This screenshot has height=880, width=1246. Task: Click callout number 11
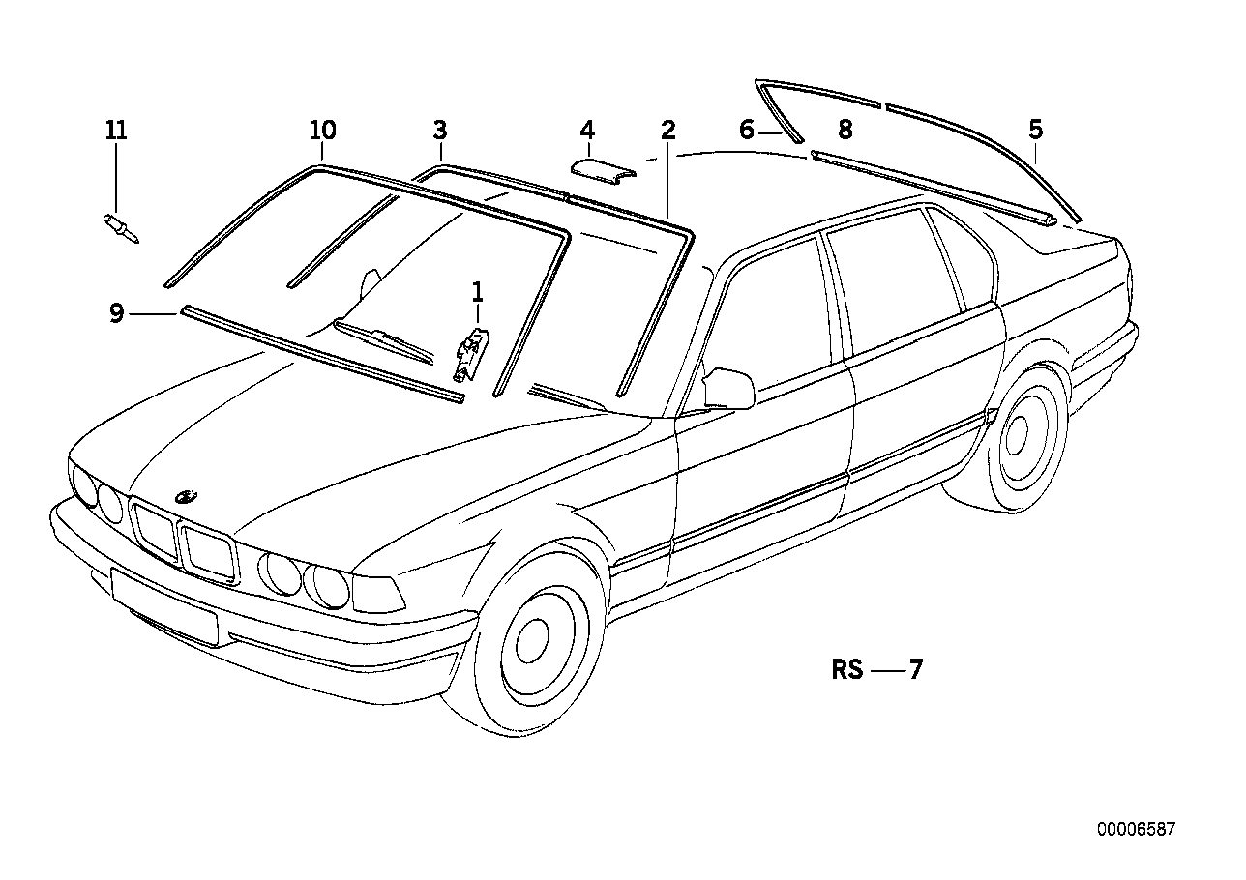[x=116, y=130]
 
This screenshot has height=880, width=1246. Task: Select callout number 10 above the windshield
[x=322, y=130]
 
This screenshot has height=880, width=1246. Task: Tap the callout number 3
[x=440, y=130]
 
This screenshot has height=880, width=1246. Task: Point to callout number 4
[x=586, y=130]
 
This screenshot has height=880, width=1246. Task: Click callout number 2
[x=667, y=130]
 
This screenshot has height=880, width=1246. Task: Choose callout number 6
[x=746, y=130]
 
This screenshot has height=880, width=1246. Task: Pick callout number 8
[x=845, y=130]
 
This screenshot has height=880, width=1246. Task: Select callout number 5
[x=1036, y=130]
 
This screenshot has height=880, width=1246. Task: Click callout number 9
[x=116, y=313]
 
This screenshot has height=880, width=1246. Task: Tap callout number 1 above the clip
[x=477, y=290]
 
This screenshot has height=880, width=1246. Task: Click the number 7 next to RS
[x=915, y=670]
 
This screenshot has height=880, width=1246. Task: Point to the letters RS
[x=846, y=670]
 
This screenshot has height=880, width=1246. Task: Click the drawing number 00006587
[x=1136, y=829]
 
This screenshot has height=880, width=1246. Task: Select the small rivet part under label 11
[x=121, y=230]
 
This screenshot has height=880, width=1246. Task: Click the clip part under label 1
[x=473, y=353]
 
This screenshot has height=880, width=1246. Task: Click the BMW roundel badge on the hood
[x=186, y=496]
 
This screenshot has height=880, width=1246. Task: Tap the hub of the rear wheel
[x=1016, y=437]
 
